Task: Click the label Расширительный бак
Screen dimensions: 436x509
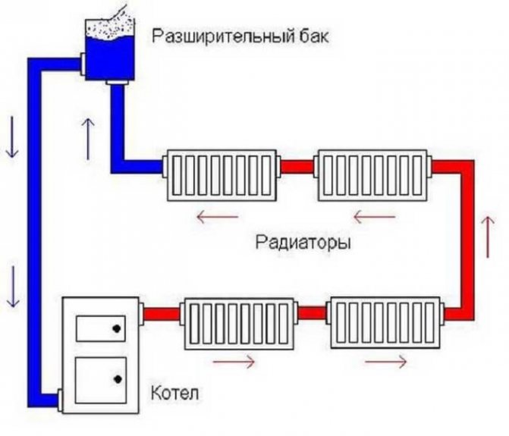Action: click(242, 36)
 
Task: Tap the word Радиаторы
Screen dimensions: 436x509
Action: click(303, 244)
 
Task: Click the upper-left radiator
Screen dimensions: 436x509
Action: click(220, 176)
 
